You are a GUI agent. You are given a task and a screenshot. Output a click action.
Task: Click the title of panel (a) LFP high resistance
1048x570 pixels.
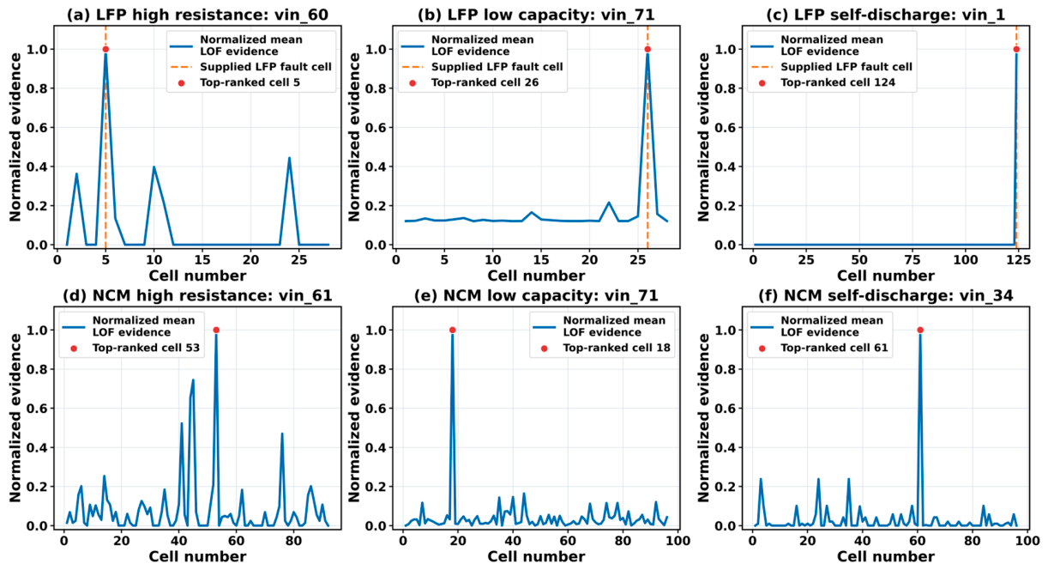[x=197, y=15]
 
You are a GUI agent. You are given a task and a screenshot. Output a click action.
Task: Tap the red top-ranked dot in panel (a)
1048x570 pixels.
[x=105, y=49]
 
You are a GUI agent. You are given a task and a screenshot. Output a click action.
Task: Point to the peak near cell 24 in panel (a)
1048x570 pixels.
[x=290, y=158]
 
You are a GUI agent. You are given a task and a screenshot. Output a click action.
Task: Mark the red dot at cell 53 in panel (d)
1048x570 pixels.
[x=216, y=330]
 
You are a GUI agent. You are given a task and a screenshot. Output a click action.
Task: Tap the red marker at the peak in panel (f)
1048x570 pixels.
[x=920, y=330]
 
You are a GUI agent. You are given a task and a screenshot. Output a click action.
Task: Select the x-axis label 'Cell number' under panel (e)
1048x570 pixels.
[x=536, y=556]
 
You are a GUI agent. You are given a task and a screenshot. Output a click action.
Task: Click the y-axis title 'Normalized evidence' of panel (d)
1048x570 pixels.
[x=15, y=418]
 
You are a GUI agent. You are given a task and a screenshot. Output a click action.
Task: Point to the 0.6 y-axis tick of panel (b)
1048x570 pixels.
[x=379, y=128]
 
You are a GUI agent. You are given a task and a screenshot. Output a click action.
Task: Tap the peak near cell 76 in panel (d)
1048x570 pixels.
[x=282, y=434]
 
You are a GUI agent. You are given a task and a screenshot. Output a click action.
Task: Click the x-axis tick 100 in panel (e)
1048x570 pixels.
[x=678, y=541]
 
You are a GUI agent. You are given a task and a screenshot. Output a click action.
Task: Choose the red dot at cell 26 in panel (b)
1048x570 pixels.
[x=647, y=49]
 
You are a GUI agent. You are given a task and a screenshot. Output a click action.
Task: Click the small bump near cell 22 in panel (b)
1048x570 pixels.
[x=609, y=203]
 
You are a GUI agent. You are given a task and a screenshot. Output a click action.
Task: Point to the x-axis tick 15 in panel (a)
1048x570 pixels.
[x=202, y=259]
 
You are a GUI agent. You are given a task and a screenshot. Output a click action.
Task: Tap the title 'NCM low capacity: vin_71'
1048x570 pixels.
[x=536, y=295]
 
